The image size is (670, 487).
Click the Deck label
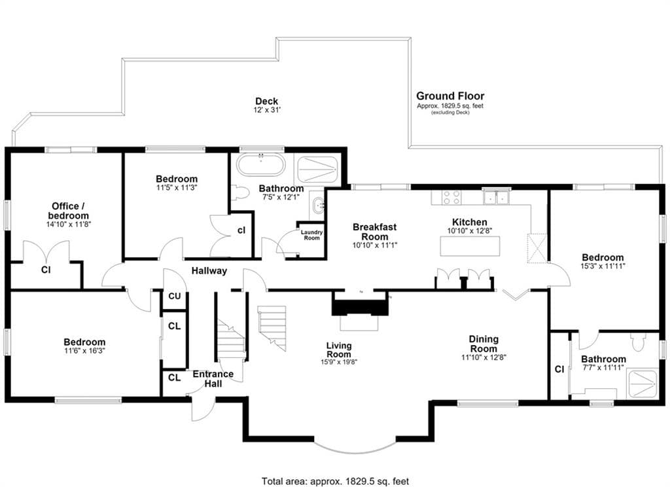[x=267, y=101]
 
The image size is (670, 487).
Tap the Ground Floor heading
[x=450, y=96]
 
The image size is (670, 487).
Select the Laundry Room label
[x=311, y=235]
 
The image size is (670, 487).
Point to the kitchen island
[x=470, y=246]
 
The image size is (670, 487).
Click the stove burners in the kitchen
[x=451, y=197]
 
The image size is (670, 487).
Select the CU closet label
[x=174, y=296]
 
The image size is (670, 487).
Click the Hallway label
[x=209, y=270]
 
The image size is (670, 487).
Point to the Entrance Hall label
[x=213, y=379]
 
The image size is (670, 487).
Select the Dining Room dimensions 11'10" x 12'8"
[x=484, y=357]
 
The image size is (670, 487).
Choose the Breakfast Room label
[x=374, y=232]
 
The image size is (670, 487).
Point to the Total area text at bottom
[x=336, y=482]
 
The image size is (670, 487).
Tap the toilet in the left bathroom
[x=239, y=192]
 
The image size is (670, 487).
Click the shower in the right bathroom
[x=643, y=383]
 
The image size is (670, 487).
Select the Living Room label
[x=339, y=350]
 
